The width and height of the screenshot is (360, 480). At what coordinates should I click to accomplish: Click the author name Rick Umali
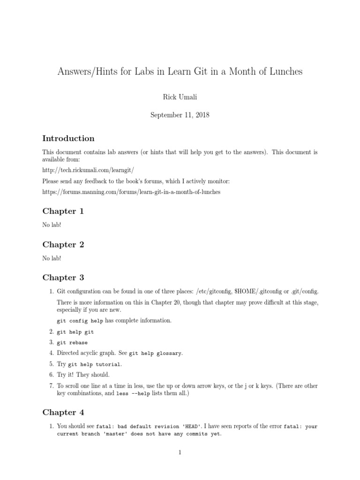coord(180,97)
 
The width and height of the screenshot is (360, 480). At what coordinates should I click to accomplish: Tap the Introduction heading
coord(68,138)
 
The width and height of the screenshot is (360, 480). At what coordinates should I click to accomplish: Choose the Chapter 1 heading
coord(63,211)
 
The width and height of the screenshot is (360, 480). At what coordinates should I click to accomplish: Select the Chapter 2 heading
coord(63,245)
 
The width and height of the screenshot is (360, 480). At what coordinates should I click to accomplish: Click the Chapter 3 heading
coord(63,277)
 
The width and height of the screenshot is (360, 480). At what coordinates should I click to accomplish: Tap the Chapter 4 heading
coord(63,412)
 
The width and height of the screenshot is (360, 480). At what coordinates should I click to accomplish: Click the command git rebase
coord(72,343)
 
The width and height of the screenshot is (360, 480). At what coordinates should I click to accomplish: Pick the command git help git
coord(75,332)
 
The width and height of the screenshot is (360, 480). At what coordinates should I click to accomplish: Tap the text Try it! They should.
coord(83,375)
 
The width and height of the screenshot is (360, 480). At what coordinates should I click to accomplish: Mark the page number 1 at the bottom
coord(180,452)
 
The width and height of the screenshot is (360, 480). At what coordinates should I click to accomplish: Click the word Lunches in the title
coord(285,72)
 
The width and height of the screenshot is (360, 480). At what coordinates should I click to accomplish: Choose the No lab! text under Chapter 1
coord(52,225)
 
